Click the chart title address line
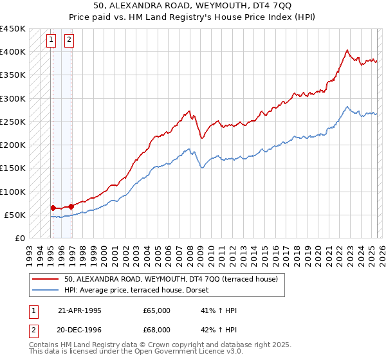192,6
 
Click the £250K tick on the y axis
13,122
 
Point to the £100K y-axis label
13,192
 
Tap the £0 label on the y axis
20,238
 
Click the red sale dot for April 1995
53,208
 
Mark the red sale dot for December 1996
70,206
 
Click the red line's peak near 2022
347,50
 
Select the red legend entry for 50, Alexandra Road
170,279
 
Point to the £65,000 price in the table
157,310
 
